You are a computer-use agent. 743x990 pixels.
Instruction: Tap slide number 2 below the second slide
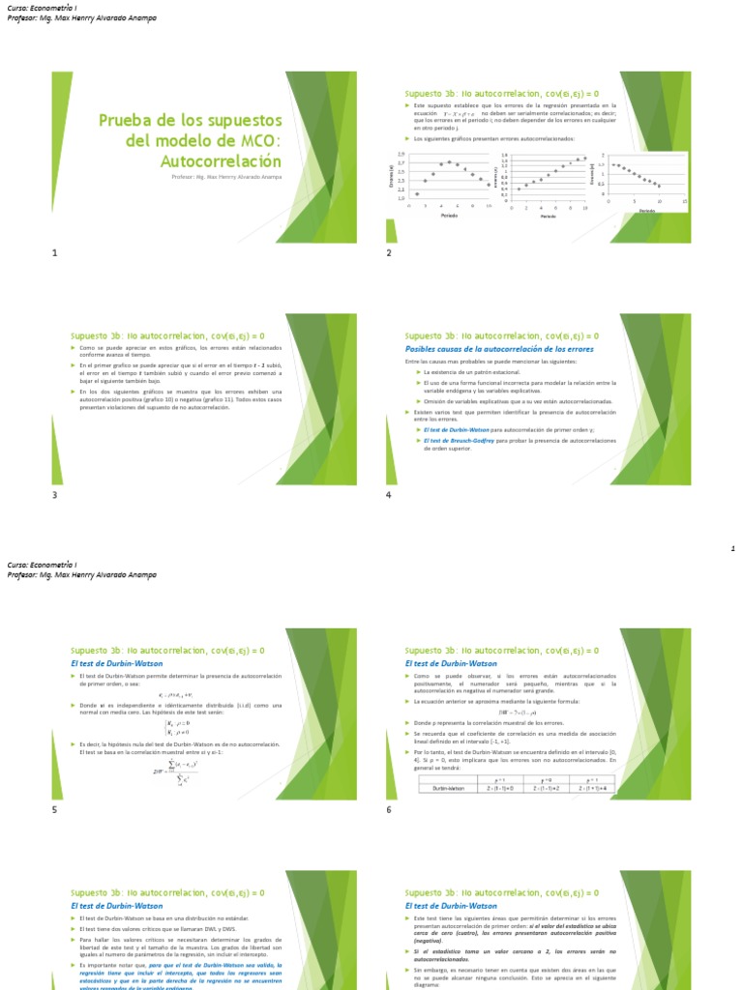[x=389, y=253]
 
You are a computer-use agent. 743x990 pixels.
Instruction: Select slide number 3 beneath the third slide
[x=55, y=495]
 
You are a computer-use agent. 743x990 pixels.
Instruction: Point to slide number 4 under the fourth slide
[x=389, y=495]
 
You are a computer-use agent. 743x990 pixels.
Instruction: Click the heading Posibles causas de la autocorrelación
[x=498, y=349]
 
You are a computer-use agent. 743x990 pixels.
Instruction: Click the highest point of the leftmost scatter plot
[x=450, y=161]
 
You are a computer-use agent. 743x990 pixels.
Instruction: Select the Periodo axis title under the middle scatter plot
[x=548, y=217]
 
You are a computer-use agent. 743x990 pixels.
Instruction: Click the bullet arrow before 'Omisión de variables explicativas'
[x=419, y=401]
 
